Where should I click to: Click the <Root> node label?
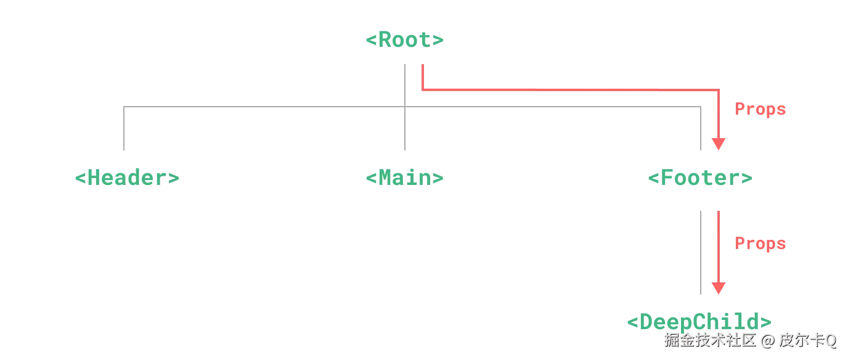(x=404, y=41)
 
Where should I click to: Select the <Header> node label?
(x=128, y=178)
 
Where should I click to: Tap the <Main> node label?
(x=404, y=178)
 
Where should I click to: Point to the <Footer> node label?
(x=700, y=179)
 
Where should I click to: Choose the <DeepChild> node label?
(x=700, y=321)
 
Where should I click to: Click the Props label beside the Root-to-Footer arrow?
(x=760, y=110)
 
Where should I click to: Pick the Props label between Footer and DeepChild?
(x=760, y=244)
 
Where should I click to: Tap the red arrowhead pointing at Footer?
(x=719, y=145)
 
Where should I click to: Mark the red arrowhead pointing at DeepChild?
(x=719, y=288)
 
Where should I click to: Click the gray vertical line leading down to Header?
(x=126, y=129)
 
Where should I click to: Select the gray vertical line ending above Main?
(x=407, y=129)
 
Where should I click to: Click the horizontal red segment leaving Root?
(x=555, y=91)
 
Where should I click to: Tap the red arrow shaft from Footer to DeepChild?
(x=718, y=247)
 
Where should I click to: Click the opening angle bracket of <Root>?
(x=370, y=41)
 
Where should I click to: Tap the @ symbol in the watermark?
(x=766, y=340)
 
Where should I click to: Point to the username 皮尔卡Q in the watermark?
(x=808, y=340)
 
